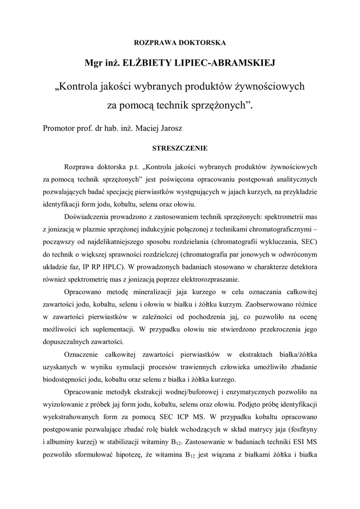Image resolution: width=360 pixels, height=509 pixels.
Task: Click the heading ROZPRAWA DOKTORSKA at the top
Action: [x=180, y=43]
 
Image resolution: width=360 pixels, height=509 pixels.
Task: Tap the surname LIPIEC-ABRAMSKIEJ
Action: [x=225, y=63]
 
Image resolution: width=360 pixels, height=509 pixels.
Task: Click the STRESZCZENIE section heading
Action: [x=180, y=148]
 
